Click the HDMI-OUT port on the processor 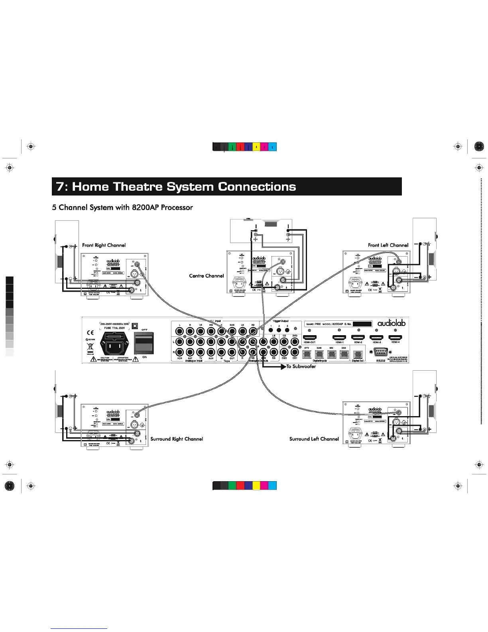click(309, 338)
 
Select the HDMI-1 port click(339, 338)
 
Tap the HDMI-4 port click(395, 338)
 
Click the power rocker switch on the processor click(144, 342)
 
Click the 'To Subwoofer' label click(301, 366)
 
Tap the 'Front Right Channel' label click(104, 245)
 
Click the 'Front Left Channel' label click(388, 245)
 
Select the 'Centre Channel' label click(206, 276)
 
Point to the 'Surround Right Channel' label click(177, 439)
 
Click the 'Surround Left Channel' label click(314, 439)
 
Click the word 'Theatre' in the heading click(138, 187)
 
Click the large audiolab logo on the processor click(391, 323)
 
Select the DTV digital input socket click(307, 354)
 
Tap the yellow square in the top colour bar click(256, 147)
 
